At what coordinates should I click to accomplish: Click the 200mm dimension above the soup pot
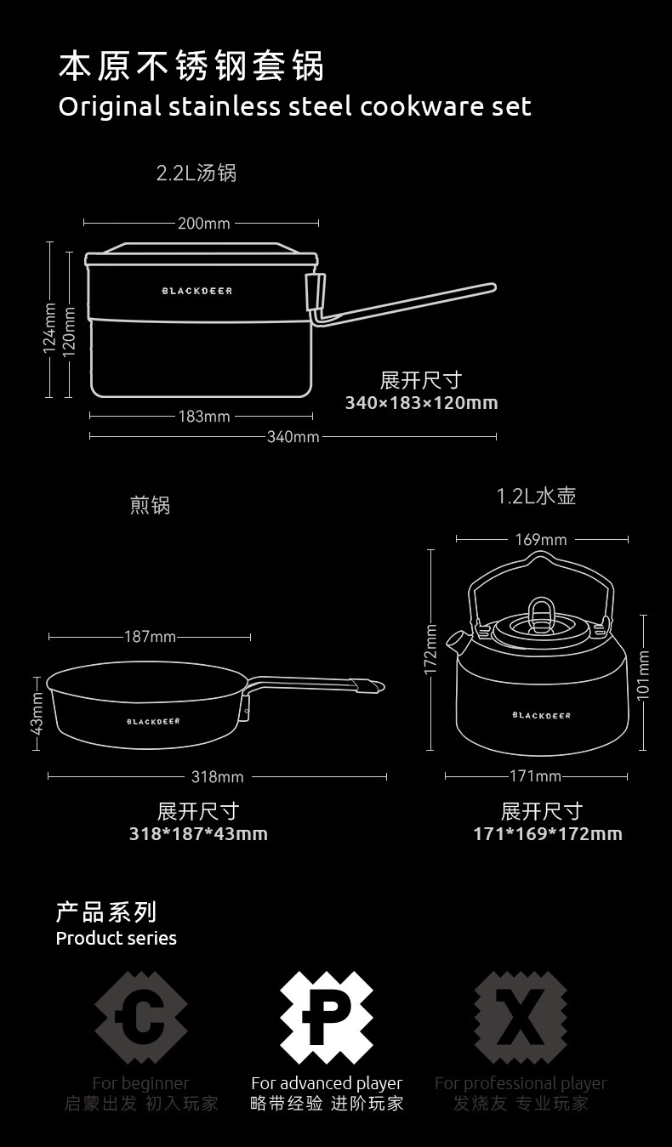(x=203, y=224)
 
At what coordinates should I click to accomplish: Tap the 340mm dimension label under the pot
(x=293, y=437)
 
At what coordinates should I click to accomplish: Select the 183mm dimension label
(x=203, y=417)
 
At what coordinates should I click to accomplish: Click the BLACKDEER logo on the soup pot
(x=197, y=291)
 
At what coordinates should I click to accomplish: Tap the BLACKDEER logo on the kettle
(x=541, y=716)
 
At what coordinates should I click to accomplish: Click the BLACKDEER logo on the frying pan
(x=153, y=722)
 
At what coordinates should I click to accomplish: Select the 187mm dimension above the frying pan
(x=150, y=637)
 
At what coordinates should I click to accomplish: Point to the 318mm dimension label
(x=217, y=777)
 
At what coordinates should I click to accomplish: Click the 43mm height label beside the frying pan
(x=37, y=714)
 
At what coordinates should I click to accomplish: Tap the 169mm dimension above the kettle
(x=540, y=540)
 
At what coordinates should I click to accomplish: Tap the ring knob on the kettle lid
(x=541, y=610)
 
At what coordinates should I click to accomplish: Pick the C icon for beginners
(x=140, y=1018)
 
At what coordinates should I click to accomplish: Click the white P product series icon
(x=327, y=1018)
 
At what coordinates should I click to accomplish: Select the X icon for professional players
(x=520, y=1018)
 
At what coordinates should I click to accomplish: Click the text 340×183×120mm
(x=421, y=403)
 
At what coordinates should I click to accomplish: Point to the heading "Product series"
(x=117, y=939)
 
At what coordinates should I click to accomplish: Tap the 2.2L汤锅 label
(x=196, y=173)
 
